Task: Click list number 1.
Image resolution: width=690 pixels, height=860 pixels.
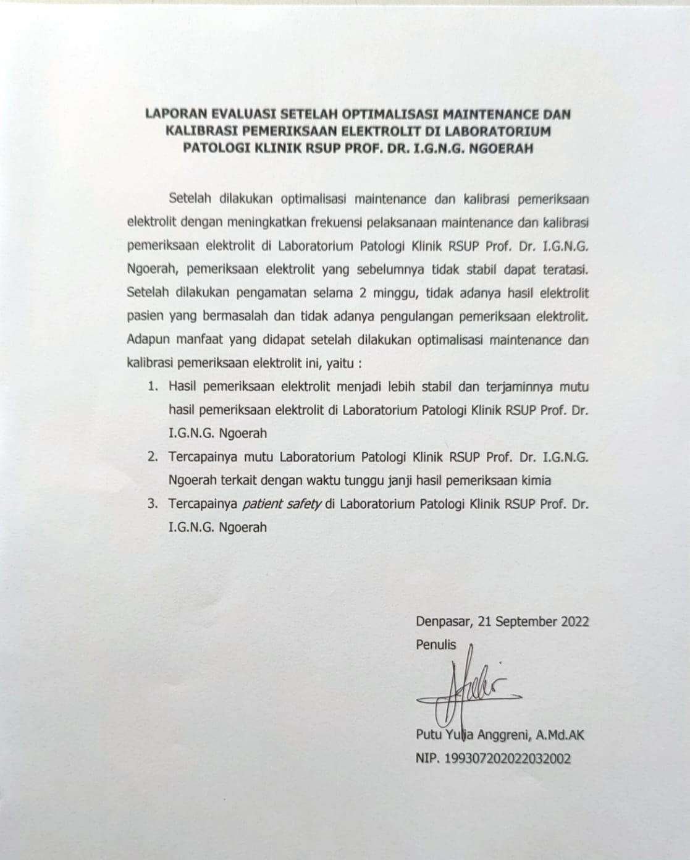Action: point(153,387)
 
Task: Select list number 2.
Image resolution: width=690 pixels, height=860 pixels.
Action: point(153,458)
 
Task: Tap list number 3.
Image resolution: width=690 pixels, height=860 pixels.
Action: point(153,504)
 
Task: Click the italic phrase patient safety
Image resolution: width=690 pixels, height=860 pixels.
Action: point(282,504)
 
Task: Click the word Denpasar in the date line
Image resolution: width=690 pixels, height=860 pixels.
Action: point(440,622)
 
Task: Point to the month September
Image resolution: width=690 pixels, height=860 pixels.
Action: point(527,622)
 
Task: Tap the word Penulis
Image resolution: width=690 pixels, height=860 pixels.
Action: point(436,645)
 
